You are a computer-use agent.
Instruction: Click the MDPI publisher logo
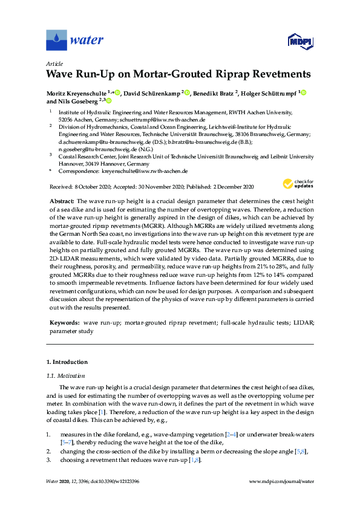(296, 41)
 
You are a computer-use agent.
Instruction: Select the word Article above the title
(54, 63)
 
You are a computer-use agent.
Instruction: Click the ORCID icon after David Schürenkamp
(188, 93)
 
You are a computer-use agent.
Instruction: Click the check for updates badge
(295, 184)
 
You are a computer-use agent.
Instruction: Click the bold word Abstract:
(61, 200)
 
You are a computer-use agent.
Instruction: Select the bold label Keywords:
(63, 323)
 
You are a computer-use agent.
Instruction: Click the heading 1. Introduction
(67, 362)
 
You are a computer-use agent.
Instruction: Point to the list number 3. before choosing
(48, 460)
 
